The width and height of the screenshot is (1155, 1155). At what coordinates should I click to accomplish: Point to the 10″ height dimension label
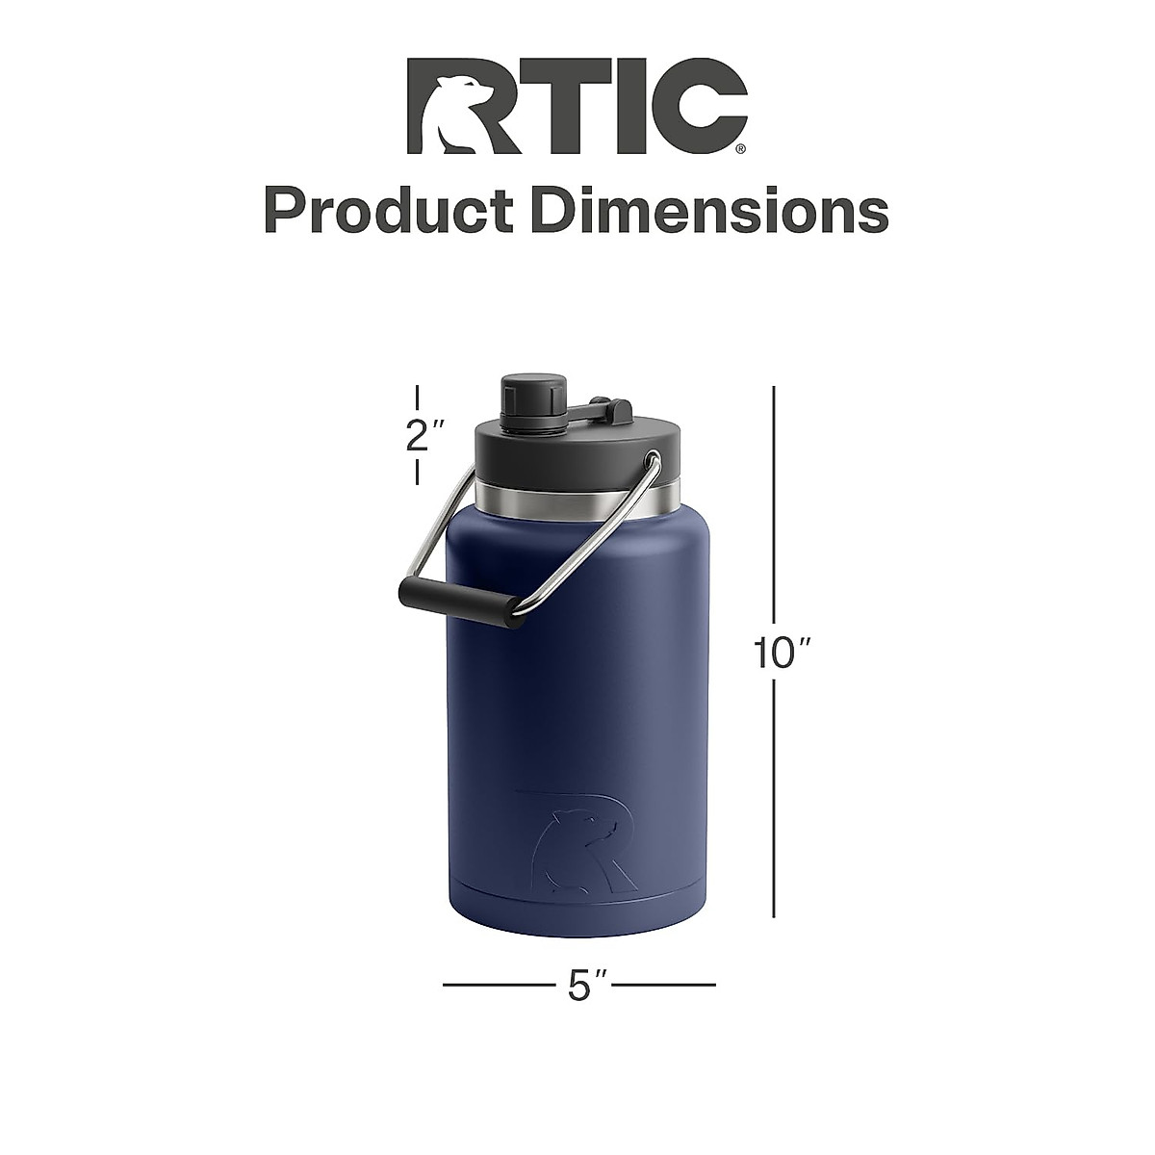[783, 654]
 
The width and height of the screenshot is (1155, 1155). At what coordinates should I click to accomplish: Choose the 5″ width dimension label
[578, 985]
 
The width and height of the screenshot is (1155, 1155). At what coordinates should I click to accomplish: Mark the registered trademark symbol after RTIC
[739, 149]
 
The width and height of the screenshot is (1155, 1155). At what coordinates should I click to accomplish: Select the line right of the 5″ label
[664, 985]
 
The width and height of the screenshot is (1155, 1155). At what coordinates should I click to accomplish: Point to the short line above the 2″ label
[418, 398]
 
